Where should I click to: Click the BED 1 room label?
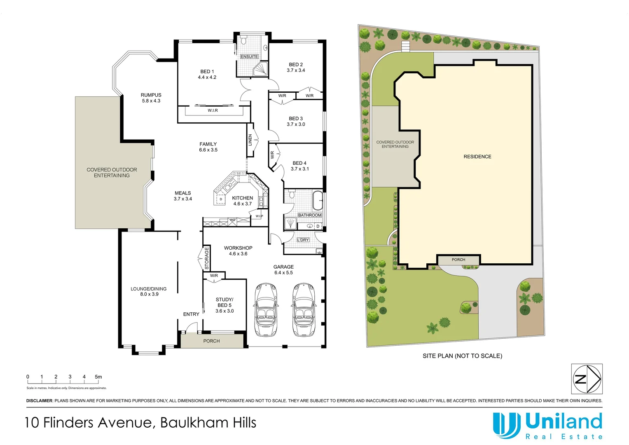coord(207,72)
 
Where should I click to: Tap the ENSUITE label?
coord(249,56)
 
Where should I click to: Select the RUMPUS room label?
coord(151,95)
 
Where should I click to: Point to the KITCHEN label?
coord(242,198)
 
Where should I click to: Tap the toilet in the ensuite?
coord(243,40)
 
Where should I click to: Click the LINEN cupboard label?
coord(250,140)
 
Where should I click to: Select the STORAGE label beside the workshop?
coord(207,258)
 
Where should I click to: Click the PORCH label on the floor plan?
coord(211,341)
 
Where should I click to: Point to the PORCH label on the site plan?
coord(458,260)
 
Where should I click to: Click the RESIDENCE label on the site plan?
coord(477,157)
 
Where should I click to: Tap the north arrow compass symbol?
coord(587,379)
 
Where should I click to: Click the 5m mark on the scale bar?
coord(98,377)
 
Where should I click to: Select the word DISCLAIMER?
coord(40,400)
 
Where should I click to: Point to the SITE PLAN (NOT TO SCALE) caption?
coord(462,356)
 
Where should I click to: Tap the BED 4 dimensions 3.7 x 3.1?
coord(299,169)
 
